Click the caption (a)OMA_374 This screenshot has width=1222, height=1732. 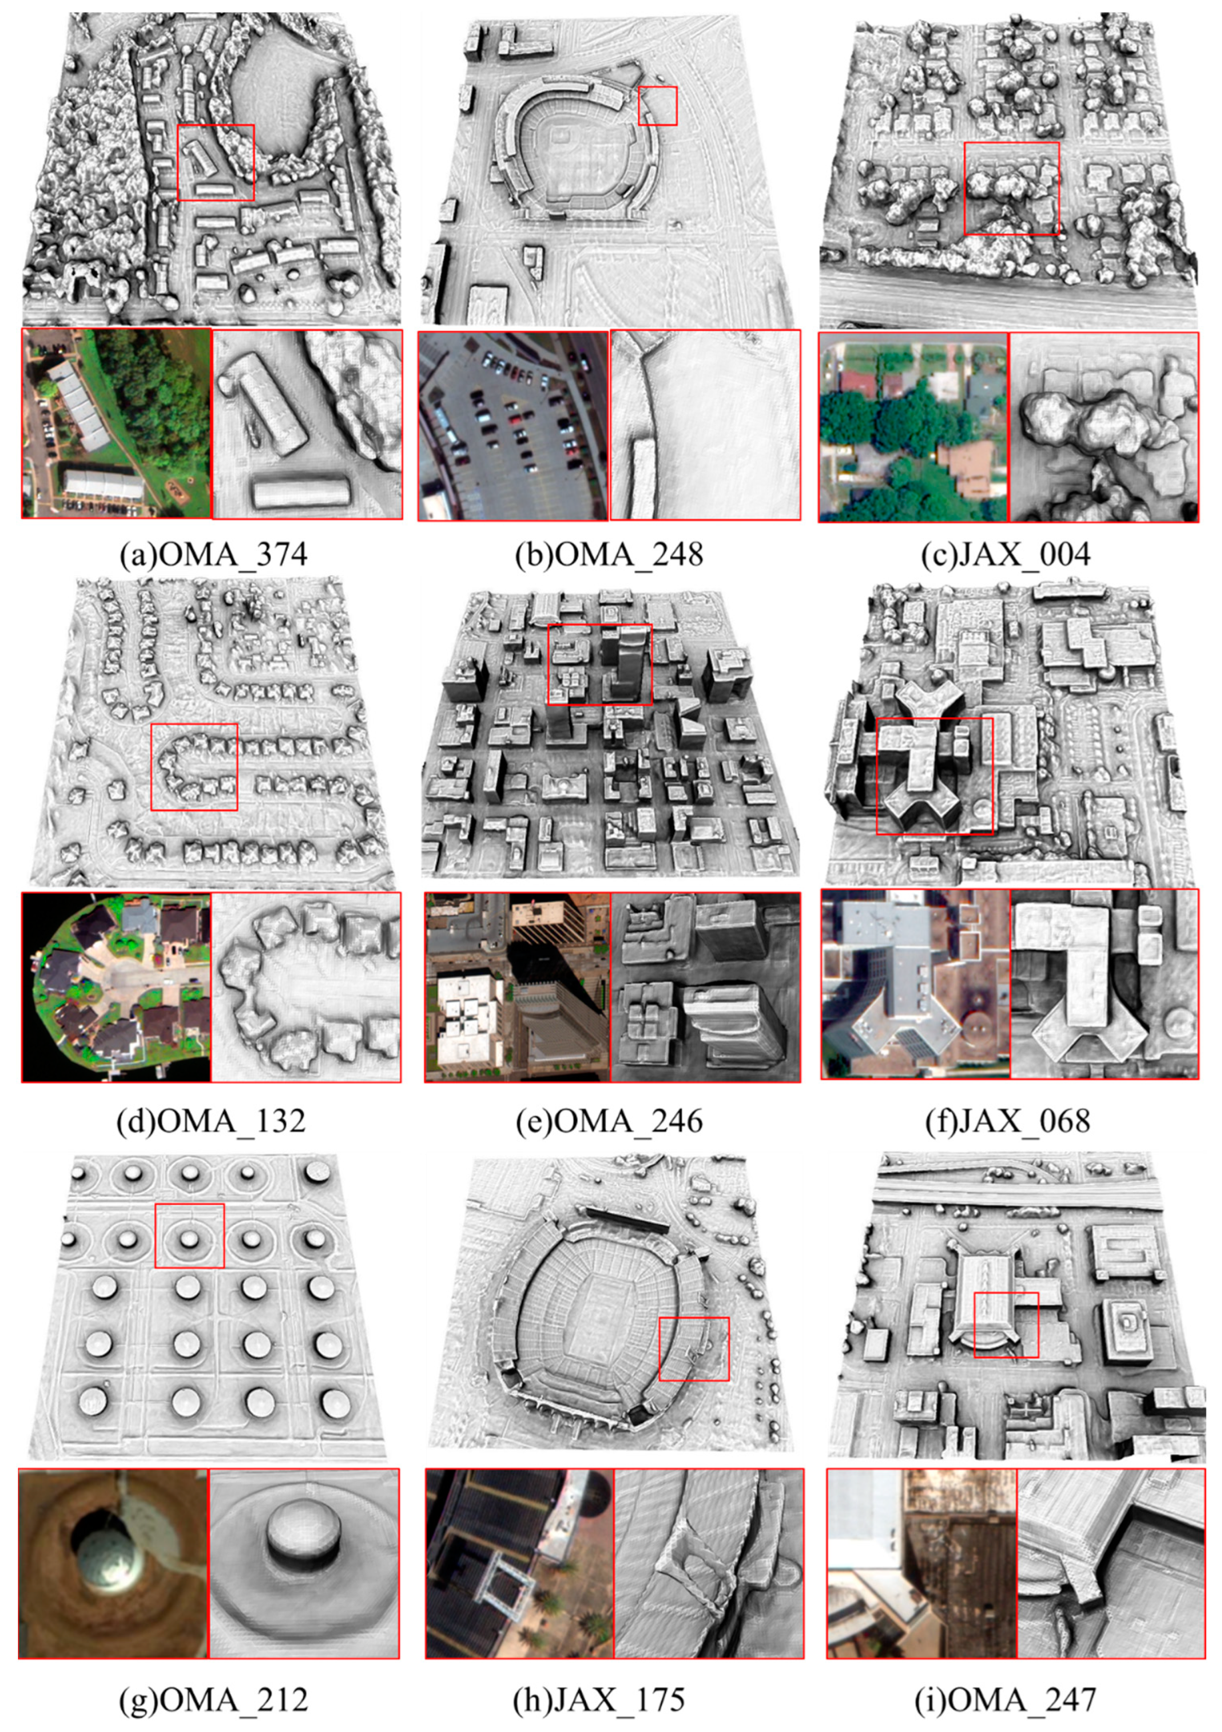pyautogui.click(x=213, y=555)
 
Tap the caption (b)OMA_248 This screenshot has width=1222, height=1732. pyautogui.click(x=608, y=555)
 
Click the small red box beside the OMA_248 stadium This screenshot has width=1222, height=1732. pyautogui.click(x=658, y=106)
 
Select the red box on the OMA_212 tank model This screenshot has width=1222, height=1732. pyautogui.click(x=189, y=1235)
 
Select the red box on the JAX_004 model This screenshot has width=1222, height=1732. pyautogui.click(x=1011, y=188)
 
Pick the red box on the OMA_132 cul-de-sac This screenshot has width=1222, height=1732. pyautogui.click(x=194, y=767)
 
